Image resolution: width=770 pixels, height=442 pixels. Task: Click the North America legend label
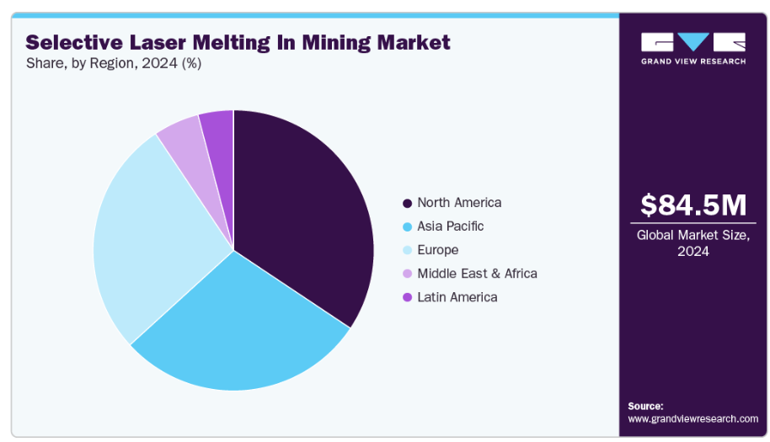[x=459, y=203]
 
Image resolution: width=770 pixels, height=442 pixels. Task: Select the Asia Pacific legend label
[x=451, y=226]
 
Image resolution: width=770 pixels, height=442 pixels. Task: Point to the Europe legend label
[x=438, y=250]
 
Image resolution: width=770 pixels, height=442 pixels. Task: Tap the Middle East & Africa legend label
[x=477, y=274]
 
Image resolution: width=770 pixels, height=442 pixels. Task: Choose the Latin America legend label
[x=457, y=297]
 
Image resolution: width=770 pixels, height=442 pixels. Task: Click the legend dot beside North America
[x=408, y=204]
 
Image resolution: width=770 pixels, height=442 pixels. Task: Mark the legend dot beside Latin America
[x=408, y=298]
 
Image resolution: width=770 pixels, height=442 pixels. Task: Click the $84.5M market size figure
[x=693, y=205]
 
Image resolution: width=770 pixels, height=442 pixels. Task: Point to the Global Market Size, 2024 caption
[x=693, y=243]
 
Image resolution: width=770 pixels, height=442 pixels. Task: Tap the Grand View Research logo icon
[x=692, y=43]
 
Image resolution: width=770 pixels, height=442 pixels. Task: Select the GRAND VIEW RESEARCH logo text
[x=692, y=61]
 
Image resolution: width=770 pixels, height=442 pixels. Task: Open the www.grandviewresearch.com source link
[x=692, y=418]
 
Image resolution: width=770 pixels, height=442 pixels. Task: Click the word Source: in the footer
[x=645, y=406]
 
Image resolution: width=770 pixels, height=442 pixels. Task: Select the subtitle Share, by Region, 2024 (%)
[x=114, y=63]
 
